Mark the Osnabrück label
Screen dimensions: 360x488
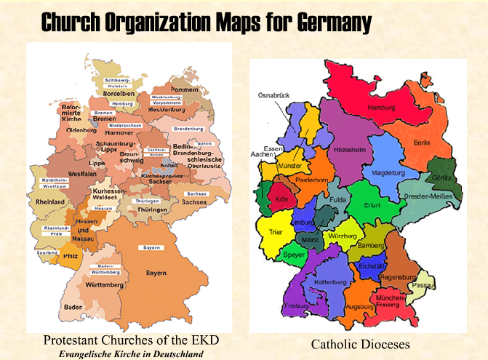tap(275, 95)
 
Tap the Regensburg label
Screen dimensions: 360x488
tap(403, 277)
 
